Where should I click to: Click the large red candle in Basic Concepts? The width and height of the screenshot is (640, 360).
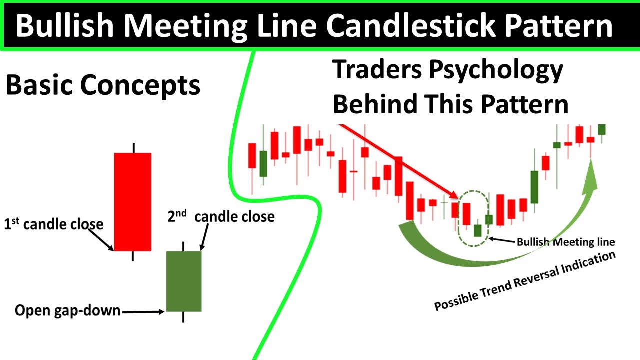[133, 201]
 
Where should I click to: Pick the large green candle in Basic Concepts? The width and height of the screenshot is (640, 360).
[184, 281]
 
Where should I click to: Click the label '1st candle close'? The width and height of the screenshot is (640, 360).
[54, 224]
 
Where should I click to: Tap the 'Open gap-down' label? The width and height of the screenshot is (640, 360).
[68, 310]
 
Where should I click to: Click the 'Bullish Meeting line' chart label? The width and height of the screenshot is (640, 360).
[565, 242]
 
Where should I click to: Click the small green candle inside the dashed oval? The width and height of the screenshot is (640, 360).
[478, 230]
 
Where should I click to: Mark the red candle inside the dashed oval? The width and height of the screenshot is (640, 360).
[466, 214]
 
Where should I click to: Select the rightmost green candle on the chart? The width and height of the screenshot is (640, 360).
[602, 129]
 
